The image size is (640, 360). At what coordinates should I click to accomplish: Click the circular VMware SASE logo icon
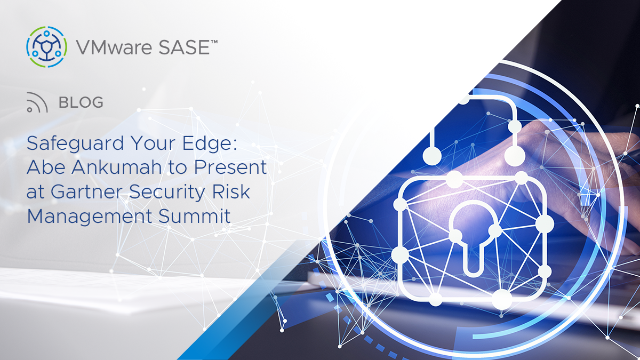tap(46, 47)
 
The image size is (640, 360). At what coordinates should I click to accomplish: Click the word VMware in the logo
tap(114, 47)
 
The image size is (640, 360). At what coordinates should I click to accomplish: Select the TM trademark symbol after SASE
tap(214, 42)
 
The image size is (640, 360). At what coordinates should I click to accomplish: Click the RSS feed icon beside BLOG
tap(37, 102)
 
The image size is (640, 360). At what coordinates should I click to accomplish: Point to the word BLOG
tap(81, 102)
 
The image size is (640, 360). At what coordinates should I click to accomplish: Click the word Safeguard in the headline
tap(75, 143)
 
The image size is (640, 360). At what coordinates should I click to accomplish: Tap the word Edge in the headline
tap(210, 143)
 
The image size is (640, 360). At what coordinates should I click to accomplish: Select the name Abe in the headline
tap(46, 167)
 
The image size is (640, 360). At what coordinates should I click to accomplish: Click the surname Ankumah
tap(117, 167)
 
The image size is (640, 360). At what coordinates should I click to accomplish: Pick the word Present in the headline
tap(230, 167)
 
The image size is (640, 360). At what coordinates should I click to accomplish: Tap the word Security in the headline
tap(167, 192)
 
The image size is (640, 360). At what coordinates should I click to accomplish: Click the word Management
tap(90, 217)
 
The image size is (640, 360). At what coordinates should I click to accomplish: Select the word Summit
tap(194, 216)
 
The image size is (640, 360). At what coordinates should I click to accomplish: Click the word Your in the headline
tap(153, 143)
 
